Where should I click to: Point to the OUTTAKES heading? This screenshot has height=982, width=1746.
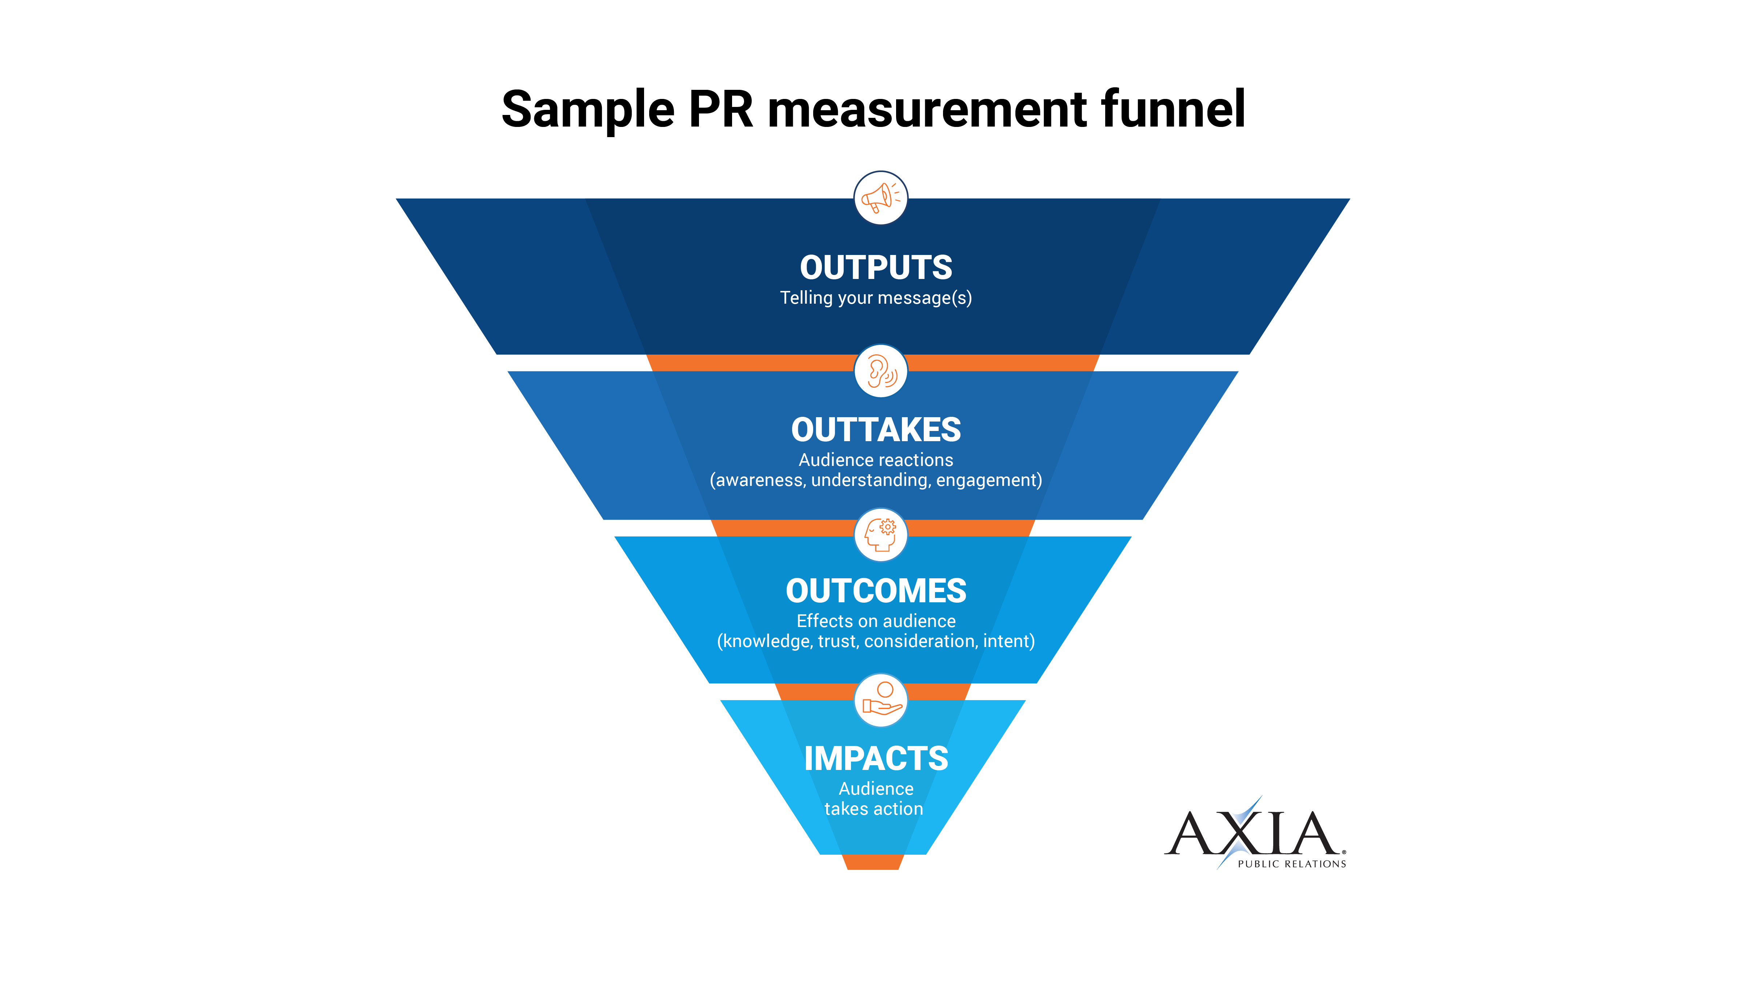click(x=876, y=430)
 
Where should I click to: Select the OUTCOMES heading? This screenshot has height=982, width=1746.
click(x=876, y=591)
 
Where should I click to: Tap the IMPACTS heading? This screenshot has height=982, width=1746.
click(x=876, y=758)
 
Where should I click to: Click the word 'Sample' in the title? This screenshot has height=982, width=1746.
click(x=588, y=110)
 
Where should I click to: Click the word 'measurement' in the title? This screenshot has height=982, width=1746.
click(x=927, y=110)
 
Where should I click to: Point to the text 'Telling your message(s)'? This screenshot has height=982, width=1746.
click(x=876, y=298)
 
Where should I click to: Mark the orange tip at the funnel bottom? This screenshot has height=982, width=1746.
click(x=873, y=862)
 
